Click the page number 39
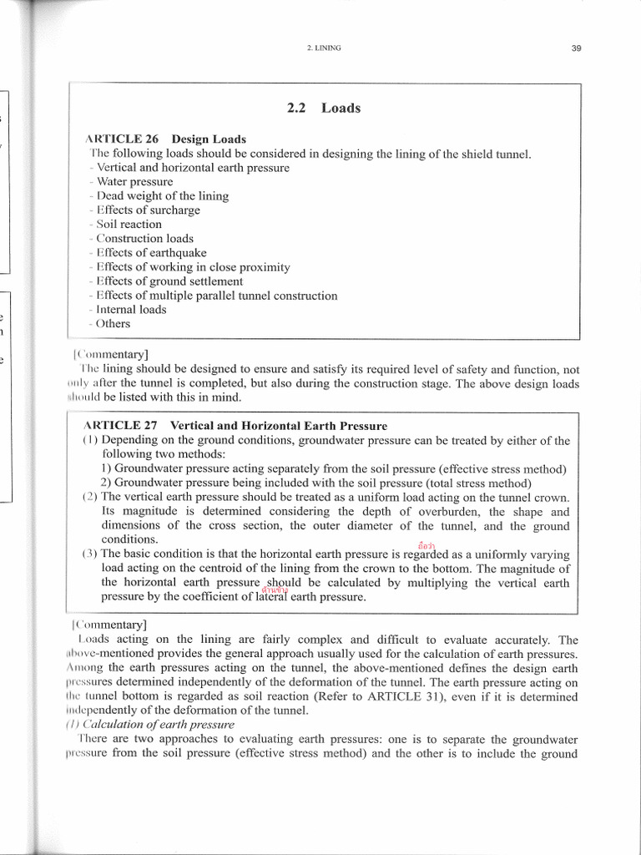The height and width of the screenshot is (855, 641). pos(576,48)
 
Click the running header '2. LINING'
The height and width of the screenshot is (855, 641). pos(324,48)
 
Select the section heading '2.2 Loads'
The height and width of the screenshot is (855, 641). pos(324,108)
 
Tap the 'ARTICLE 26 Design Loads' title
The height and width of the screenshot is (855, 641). pos(166,139)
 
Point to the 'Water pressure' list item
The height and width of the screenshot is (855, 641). pos(134,181)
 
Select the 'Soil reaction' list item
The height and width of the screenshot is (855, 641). pos(129,224)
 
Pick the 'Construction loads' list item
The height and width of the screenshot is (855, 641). pos(144,238)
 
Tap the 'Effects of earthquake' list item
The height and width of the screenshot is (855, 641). pos(151,252)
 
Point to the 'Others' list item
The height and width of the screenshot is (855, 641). pos(114,323)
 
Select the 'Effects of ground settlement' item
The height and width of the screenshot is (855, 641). pos(169,281)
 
